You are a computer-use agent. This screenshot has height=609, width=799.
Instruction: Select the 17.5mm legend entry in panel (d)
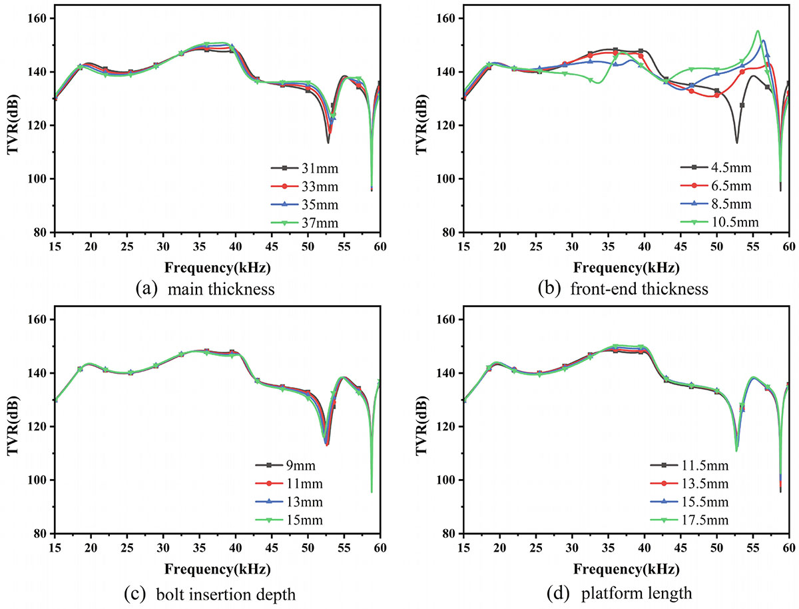pos(700,520)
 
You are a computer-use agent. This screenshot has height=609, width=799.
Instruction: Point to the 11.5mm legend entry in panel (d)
pos(700,465)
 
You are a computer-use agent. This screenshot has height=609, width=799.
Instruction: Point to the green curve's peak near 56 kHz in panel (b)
pos(758,31)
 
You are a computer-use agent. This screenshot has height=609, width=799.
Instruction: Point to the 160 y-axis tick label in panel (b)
pos(446,19)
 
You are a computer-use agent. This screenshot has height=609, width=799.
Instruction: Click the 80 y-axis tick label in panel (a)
pos(41,233)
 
